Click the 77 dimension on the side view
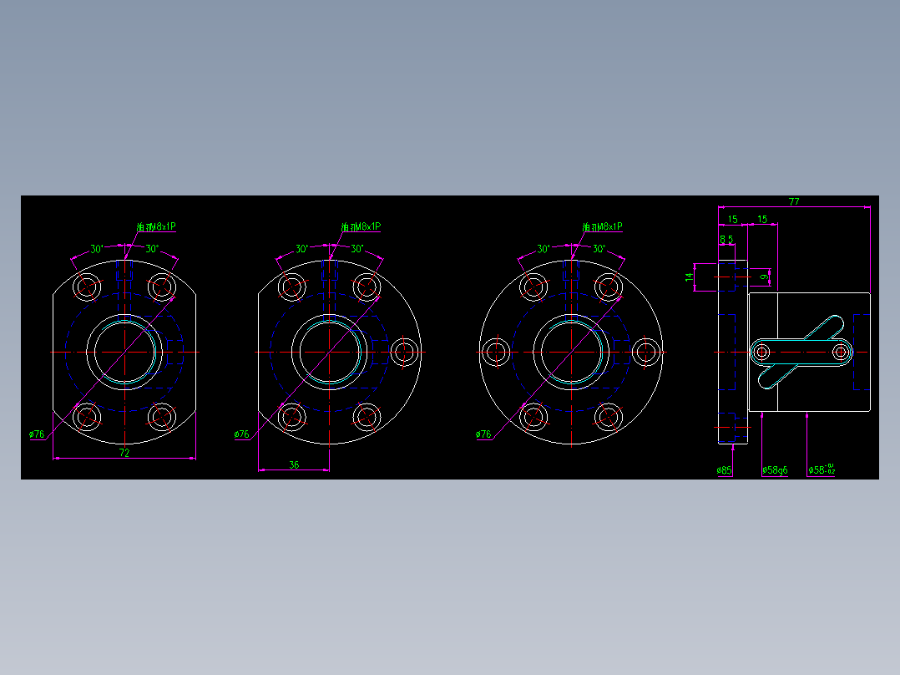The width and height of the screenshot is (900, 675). (794, 201)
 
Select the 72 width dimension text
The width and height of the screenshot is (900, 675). (124, 453)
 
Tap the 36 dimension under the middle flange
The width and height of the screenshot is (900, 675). (294, 464)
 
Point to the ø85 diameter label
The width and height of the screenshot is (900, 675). (724, 470)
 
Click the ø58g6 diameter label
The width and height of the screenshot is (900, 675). (775, 470)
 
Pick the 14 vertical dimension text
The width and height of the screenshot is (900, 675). (690, 277)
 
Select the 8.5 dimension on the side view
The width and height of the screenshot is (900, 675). (726, 240)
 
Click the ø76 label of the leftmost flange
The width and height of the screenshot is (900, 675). (37, 434)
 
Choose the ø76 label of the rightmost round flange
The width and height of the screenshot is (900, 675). (483, 434)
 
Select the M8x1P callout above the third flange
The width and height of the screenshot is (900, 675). (602, 226)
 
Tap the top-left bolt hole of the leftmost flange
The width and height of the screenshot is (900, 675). (87, 287)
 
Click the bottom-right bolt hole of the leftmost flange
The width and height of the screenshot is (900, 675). (162, 415)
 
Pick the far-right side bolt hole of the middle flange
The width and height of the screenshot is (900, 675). (404, 352)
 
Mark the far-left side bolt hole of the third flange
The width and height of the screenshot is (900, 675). (495, 352)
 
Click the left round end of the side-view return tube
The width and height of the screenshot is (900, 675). (761, 353)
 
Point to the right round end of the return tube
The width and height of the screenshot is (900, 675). (840, 353)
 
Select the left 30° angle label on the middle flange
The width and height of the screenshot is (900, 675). (301, 249)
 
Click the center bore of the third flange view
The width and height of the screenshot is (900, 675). (572, 352)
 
